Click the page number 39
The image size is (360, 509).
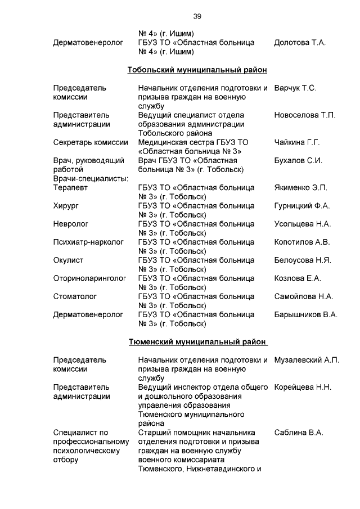tap(197, 16)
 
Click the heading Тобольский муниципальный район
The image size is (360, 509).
tap(197, 70)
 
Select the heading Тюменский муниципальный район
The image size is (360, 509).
tap(197, 342)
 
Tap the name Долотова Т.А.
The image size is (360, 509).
tap(300, 42)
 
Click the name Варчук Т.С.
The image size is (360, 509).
tap(295, 88)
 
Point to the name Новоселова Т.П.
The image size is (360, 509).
tap(304, 115)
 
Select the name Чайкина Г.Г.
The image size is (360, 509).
tap(297, 142)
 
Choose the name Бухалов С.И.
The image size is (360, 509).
tap(298, 160)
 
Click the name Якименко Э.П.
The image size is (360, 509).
tap(301, 187)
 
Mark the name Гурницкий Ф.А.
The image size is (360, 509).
tap(302, 206)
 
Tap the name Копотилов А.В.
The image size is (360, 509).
tap(302, 242)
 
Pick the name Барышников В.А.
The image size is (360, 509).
tap(306, 314)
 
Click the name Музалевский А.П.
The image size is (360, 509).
tap(307, 360)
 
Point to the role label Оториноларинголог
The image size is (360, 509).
tap(89, 278)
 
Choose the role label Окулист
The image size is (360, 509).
tap(69, 260)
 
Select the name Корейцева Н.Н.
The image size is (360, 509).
tap(303, 387)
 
